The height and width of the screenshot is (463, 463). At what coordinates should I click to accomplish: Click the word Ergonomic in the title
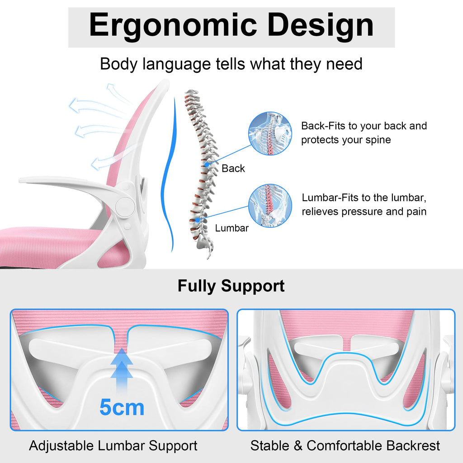173,26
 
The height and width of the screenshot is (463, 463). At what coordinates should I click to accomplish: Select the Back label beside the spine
233,168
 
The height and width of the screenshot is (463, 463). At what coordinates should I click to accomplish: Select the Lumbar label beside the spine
232,228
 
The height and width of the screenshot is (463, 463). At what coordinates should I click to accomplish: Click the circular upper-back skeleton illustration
270,133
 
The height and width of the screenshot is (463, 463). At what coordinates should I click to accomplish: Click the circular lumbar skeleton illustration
270,206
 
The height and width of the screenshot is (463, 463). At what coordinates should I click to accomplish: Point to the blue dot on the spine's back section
207,165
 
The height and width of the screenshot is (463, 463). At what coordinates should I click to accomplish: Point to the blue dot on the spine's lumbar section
197,220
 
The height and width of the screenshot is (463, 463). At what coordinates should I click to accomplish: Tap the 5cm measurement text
122,407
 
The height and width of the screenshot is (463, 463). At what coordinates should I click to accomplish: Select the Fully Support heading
231,286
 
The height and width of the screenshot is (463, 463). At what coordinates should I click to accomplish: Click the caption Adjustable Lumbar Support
113,445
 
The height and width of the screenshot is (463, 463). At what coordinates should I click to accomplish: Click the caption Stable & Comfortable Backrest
345,445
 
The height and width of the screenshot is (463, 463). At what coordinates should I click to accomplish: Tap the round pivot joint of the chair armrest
125,206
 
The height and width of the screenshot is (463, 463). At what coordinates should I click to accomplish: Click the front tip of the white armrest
21,180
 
